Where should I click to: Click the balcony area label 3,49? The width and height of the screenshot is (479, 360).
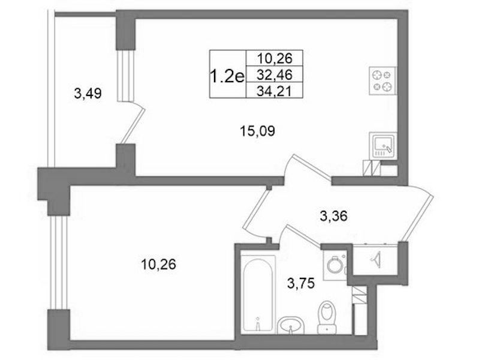point(88,93)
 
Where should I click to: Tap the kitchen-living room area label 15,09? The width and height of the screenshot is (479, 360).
point(257,131)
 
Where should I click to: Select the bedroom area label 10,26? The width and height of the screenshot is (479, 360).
point(158,264)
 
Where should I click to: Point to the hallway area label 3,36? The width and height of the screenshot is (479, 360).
point(333,216)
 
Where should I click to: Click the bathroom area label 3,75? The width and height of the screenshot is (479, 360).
point(301,284)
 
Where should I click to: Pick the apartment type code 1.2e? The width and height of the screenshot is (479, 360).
point(228,76)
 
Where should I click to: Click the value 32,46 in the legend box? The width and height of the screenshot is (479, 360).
point(275,74)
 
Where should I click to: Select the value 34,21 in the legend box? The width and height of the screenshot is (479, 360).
point(275,91)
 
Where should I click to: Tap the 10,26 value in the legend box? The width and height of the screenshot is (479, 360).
point(275,58)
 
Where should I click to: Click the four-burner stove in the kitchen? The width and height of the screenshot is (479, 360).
point(382,81)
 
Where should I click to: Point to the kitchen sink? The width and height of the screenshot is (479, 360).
point(382,146)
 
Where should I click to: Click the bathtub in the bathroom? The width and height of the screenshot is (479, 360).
point(258,293)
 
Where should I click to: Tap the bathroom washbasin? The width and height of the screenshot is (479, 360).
point(291,325)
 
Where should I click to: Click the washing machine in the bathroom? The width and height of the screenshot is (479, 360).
point(335,265)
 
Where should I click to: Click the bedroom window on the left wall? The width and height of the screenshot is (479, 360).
point(58,263)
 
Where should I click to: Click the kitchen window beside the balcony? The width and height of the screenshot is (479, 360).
point(125,75)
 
